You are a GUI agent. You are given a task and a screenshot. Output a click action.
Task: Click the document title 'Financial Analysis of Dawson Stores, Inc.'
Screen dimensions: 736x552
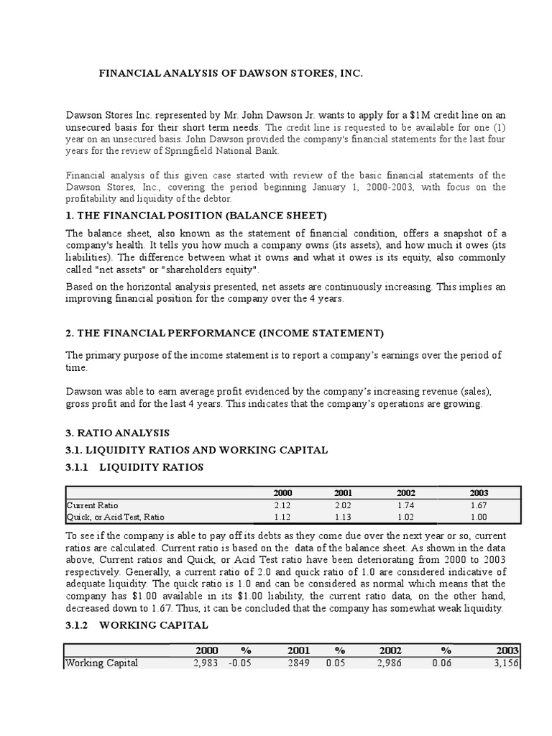click(x=226, y=73)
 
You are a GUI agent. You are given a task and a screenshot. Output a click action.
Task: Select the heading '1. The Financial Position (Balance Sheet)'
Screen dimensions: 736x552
click(x=196, y=215)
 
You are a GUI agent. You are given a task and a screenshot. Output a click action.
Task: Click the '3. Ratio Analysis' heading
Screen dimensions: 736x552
click(x=118, y=433)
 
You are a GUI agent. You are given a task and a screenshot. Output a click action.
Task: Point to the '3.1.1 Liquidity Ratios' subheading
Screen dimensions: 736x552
click(x=134, y=467)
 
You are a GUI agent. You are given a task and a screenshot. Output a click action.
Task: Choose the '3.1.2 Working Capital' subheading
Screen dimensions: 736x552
click(x=137, y=625)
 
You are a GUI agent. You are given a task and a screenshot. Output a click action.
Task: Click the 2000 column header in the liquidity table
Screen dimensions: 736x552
click(x=283, y=493)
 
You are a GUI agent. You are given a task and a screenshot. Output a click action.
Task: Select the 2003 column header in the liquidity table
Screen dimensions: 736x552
click(x=478, y=493)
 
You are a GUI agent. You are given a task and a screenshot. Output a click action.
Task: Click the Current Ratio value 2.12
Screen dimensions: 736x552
click(x=283, y=505)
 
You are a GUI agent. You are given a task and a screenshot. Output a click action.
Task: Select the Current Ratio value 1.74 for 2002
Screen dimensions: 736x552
click(x=406, y=505)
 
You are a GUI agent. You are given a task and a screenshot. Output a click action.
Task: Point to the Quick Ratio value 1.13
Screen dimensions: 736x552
click(x=344, y=516)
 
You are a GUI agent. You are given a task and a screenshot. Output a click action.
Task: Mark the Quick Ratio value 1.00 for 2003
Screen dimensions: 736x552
click(x=478, y=516)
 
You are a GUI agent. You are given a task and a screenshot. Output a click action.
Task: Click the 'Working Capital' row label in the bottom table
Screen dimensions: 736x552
click(x=101, y=663)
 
